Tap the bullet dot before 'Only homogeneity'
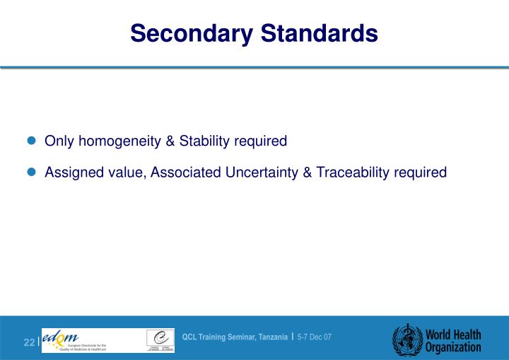coord(31,141)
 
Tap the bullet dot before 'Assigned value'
coord(31,173)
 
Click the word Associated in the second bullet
coord(181,172)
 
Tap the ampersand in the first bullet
coord(170,141)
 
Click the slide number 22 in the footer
coord(29,343)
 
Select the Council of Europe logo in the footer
coord(160,339)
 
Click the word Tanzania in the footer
coord(270,337)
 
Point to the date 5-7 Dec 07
coord(314,337)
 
